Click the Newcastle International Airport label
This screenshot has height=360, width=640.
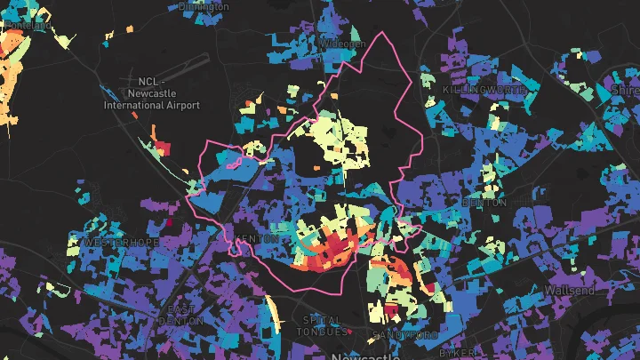(x=151, y=92)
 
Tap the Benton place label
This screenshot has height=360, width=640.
(x=484, y=203)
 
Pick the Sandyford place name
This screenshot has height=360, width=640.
(x=405, y=335)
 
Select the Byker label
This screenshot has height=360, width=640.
(x=455, y=353)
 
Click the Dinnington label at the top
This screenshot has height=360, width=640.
(x=203, y=5)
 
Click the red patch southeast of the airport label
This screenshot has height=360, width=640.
(x=163, y=146)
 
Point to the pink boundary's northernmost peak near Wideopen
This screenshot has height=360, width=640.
(x=384, y=34)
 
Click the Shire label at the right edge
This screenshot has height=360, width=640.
(x=625, y=91)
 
